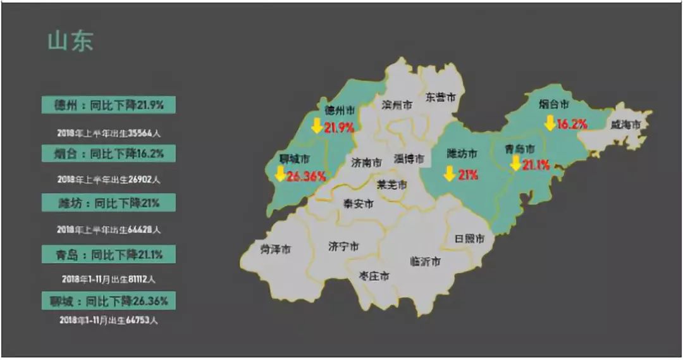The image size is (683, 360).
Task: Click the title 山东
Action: (x=70, y=41)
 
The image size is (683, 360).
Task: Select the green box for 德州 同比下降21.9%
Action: (x=108, y=105)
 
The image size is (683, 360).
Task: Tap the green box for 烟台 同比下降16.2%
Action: (x=108, y=154)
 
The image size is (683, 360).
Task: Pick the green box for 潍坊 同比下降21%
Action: (x=108, y=203)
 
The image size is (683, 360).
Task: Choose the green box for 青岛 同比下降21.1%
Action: (x=108, y=254)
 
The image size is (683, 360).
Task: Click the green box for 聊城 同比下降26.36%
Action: (x=108, y=301)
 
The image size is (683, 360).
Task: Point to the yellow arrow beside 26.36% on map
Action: (x=279, y=175)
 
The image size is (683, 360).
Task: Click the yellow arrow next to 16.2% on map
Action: (x=550, y=123)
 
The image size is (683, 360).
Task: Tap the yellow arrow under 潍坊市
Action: (x=450, y=173)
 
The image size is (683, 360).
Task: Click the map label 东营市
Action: (x=440, y=97)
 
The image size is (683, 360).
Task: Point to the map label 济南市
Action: (x=367, y=162)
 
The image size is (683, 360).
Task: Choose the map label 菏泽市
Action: (x=276, y=249)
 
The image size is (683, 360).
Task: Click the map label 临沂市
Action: (x=425, y=261)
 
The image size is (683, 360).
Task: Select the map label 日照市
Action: (x=470, y=239)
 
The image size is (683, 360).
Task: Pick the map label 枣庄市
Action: (x=374, y=276)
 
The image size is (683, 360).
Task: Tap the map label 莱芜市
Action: (x=392, y=185)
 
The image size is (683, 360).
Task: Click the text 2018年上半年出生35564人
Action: (x=108, y=133)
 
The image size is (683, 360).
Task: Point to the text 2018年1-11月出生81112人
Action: (x=108, y=278)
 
